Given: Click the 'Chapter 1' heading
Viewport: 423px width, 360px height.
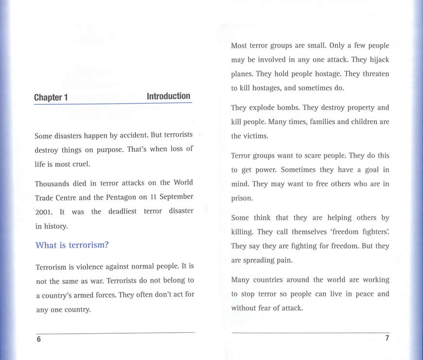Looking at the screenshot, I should click(x=51, y=98).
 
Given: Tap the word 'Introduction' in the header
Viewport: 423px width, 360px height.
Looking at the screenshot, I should click(x=168, y=96).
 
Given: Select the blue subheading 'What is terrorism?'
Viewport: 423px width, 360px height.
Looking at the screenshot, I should click(x=72, y=245).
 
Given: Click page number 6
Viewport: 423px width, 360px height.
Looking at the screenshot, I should click(x=39, y=340).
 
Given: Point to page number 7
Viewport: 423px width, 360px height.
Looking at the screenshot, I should click(x=387, y=339).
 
